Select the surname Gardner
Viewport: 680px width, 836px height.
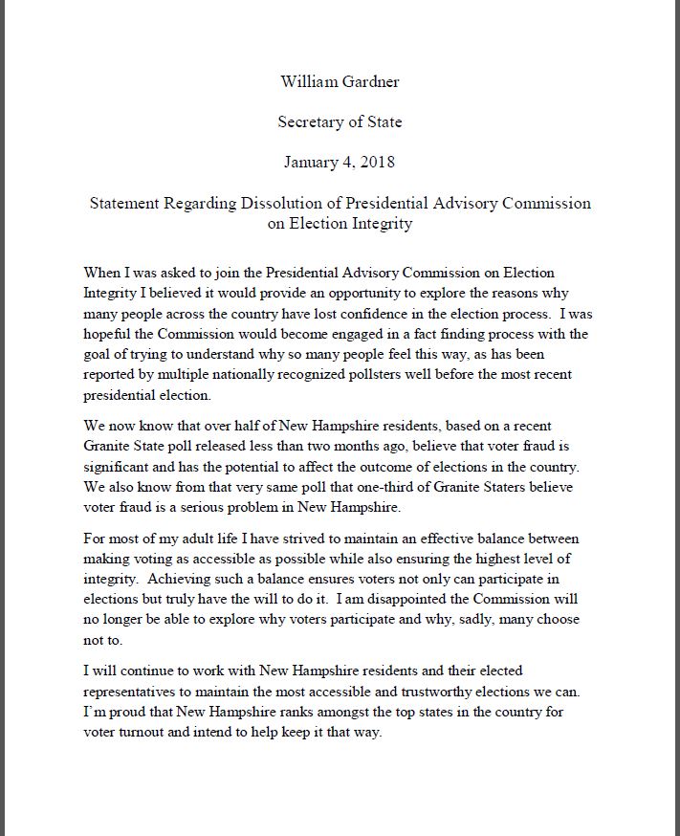[x=369, y=81]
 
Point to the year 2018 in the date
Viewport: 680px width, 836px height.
[x=375, y=162]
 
